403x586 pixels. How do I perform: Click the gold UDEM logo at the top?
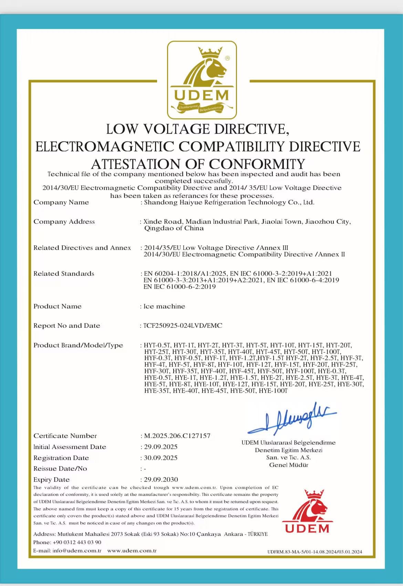pyautogui.click(x=202, y=80)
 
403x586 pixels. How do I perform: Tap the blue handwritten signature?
pyautogui.click(x=292, y=418)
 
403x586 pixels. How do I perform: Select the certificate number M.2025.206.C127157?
pyautogui.click(x=177, y=436)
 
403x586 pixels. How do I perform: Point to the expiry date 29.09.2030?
pyautogui.click(x=161, y=480)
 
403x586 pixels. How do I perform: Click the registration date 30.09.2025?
pyautogui.click(x=161, y=458)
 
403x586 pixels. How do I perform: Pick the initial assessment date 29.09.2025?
pyautogui.click(x=161, y=447)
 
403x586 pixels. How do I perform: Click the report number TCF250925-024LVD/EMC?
pyautogui.click(x=183, y=326)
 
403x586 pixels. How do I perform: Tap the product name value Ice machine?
pyautogui.click(x=164, y=306)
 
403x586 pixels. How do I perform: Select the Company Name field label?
pyautogui.click(x=61, y=202)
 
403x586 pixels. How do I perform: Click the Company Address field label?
pyautogui.click(x=64, y=222)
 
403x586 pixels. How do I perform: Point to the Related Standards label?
pyautogui.click(x=64, y=274)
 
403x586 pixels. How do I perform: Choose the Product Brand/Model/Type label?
pyautogui.click(x=78, y=345)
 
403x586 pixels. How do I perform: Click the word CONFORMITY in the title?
pyautogui.click(x=257, y=164)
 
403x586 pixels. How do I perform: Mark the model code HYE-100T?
pyautogui.click(x=273, y=391)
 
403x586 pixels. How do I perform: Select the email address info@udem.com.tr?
pyautogui.click(x=77, y=551)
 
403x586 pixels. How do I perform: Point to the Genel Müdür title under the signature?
pyautogui.click(x=289, y=465)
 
